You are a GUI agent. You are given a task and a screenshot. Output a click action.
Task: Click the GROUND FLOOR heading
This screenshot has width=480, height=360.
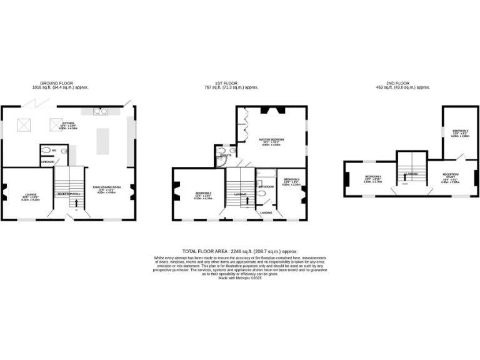pos(57,83)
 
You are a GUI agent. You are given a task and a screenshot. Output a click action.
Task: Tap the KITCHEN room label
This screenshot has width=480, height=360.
pos(68,123)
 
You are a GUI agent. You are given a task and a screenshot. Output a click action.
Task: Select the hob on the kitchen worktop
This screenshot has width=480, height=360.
pos(101,112)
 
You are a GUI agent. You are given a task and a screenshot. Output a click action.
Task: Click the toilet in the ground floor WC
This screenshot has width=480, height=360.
pos(46,150)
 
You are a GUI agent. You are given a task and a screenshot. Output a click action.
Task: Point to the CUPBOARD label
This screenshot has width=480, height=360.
pos(47,162)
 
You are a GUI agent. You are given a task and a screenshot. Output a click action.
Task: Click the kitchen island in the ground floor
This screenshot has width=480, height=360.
pos(103,141)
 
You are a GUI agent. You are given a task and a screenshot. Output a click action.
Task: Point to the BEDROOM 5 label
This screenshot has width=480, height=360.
pos(460,131)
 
